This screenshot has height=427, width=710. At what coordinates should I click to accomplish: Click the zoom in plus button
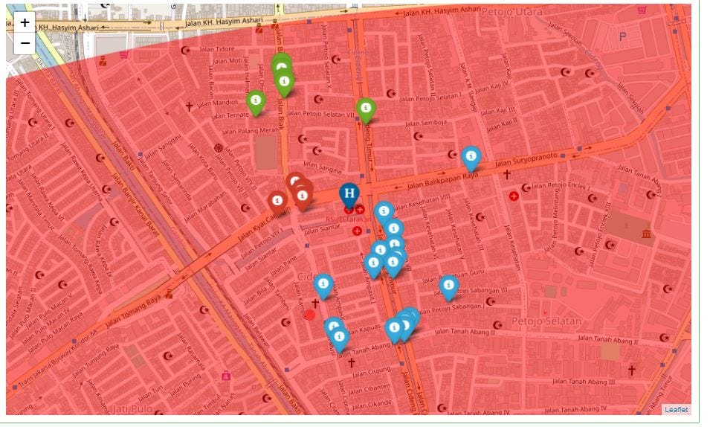[25, 22]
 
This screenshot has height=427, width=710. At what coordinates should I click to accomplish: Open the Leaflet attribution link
[676, 409]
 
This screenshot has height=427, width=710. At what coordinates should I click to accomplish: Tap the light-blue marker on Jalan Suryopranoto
[471, 158]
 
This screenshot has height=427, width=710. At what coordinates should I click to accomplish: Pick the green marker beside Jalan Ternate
[256, 102]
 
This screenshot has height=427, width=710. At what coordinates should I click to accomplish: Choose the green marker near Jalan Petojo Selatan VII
[365, 109]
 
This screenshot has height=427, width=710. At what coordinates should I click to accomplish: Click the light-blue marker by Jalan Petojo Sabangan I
[448, 286]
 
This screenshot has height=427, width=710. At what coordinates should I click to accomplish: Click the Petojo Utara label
[512, 13]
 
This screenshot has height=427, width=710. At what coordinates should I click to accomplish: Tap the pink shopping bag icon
[226, 376]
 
